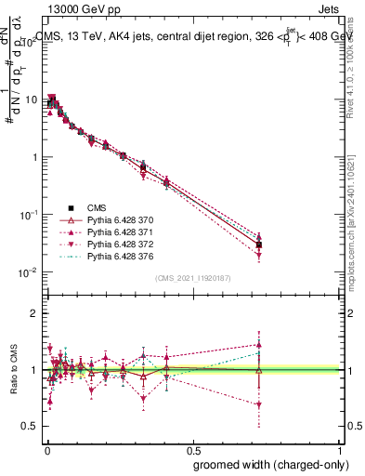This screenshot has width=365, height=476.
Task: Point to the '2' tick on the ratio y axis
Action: click(x=34, y=313)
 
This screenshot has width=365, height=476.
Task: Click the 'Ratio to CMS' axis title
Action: click(x=12, y=369)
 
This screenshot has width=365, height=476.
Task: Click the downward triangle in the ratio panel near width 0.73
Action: click(x=259, y=404)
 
